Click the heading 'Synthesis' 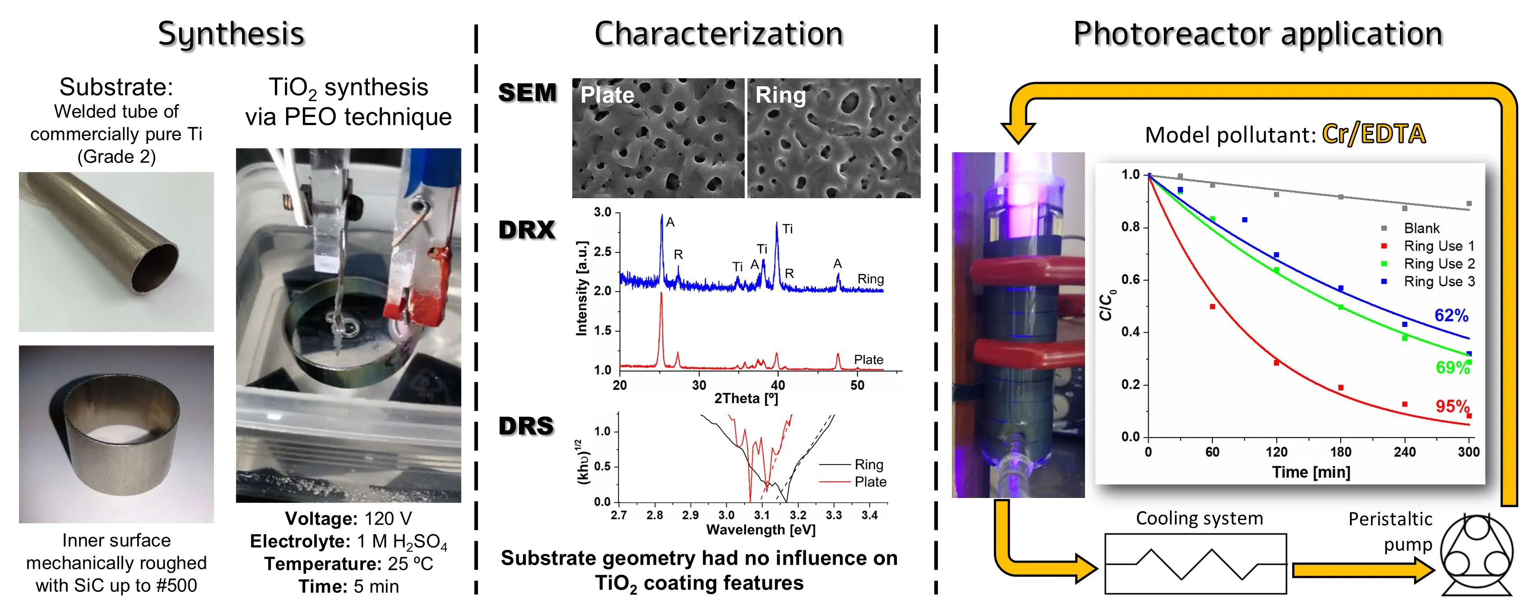(231, 34)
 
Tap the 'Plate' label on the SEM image (607, 95)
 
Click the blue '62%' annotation (1451, 315)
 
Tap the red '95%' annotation (1452, 407)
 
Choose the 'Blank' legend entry (1421, 228)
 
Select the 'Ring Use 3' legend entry (1438, 281)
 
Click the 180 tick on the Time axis (1340, 452)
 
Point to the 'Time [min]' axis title (1311, 472)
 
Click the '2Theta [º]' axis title (746, 398)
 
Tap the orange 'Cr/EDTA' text (1373, 134)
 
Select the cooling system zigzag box (1195, 563)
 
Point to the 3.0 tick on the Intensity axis (603, 212)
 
